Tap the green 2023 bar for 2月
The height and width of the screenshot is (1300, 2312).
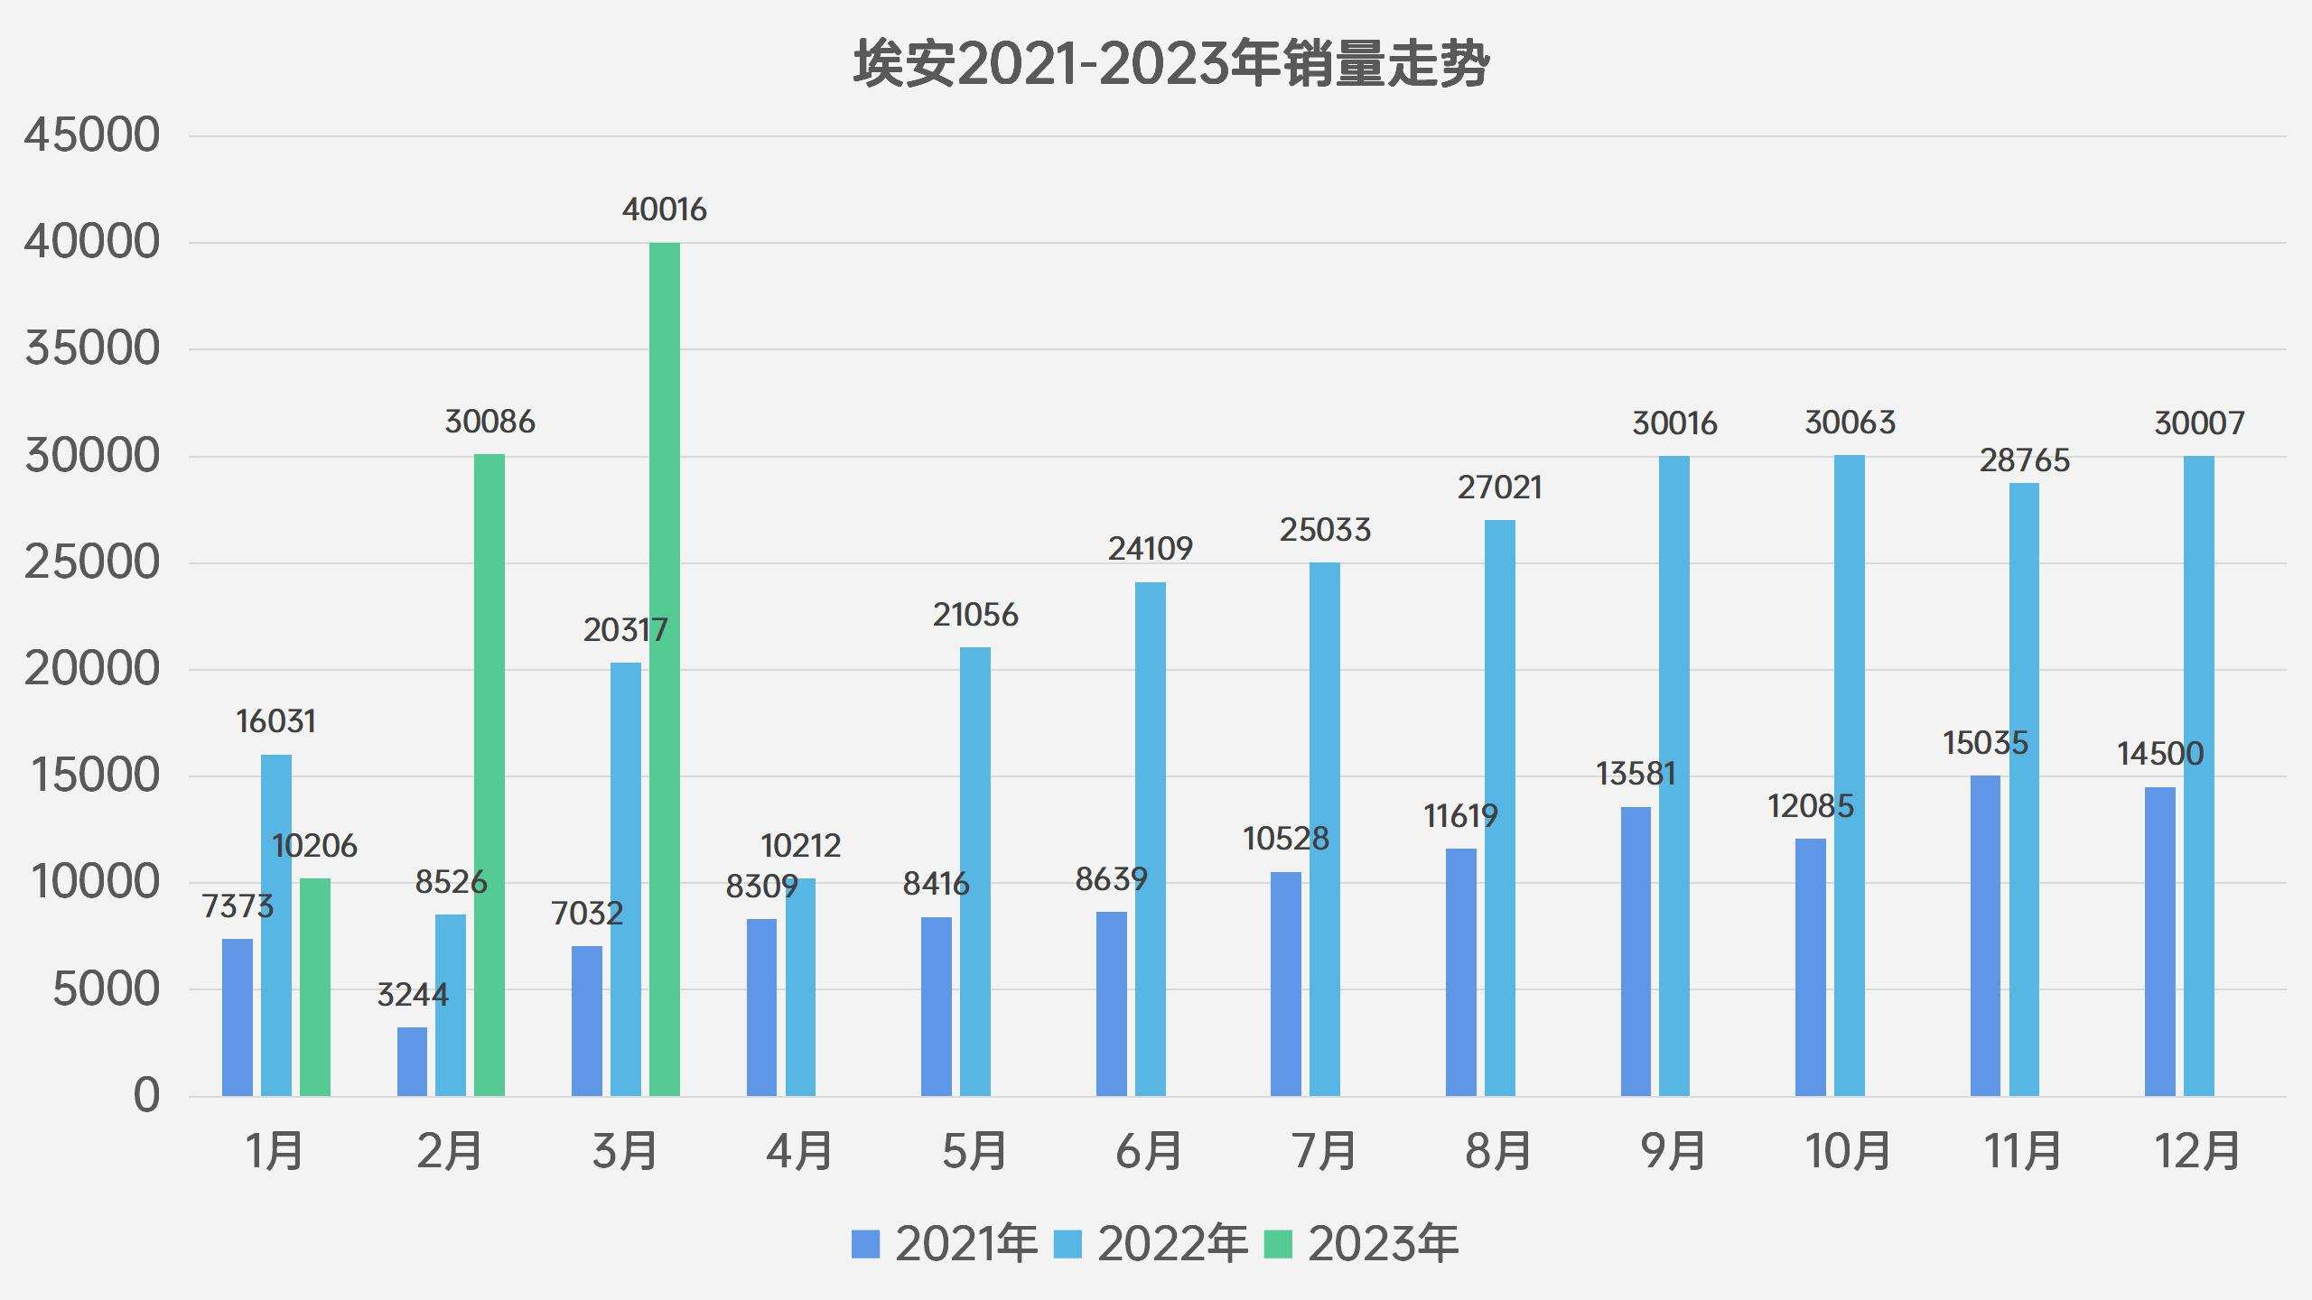click(489, 775)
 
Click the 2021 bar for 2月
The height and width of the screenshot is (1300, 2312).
click(412, 1062)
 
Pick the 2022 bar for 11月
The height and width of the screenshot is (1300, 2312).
click(2024, 790)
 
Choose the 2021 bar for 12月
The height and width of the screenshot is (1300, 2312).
click(2159, 942)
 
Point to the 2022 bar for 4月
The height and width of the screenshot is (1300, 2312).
click(800, 988)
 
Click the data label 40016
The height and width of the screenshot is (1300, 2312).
click(665, 209)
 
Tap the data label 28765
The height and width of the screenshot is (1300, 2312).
click(2024, 460)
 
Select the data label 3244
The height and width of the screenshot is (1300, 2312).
click(412, 995)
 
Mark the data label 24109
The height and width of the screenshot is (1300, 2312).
click(1150, 549)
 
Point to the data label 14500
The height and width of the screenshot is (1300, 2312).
click(2160, 754)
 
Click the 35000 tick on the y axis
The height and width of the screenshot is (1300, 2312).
click(92, 348)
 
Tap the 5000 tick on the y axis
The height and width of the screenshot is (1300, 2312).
click(106, 989)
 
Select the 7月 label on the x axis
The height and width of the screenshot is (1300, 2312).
click(1325, 1152)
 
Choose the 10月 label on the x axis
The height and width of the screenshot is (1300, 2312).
click(1848, 1152)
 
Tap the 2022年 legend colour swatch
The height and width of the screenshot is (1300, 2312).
click(1068, 1245)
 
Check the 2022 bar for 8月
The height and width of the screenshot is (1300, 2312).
click(1500, 808)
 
